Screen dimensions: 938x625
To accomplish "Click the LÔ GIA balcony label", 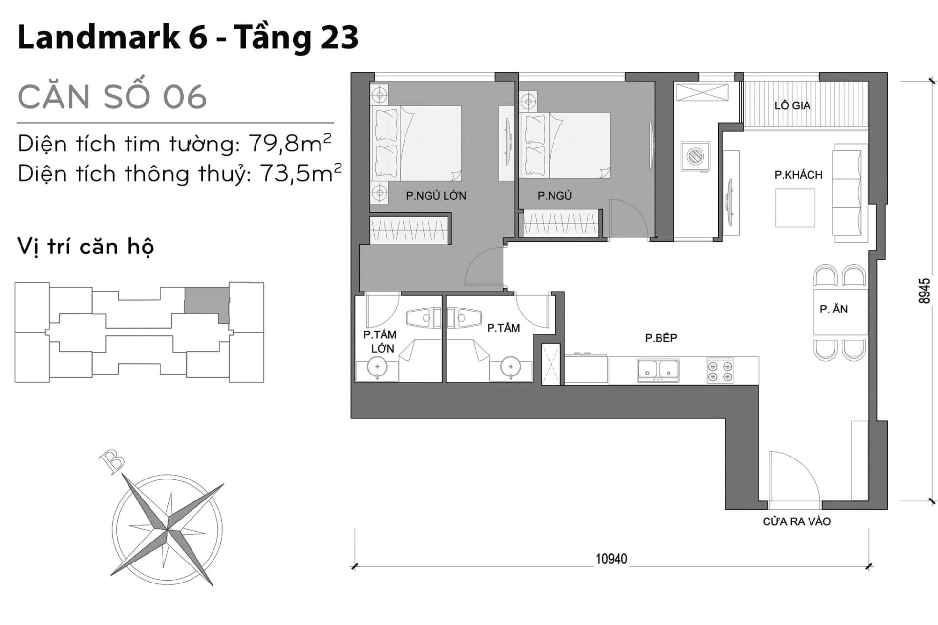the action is [792, 105].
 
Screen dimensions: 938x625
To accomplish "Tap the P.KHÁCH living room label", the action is [798, 175].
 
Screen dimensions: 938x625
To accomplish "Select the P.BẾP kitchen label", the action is [661, 338].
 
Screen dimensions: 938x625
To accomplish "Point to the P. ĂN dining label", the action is [833, 309].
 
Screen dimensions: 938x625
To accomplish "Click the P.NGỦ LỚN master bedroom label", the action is [436, 196].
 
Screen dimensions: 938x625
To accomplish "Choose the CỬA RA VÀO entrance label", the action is [796, 521].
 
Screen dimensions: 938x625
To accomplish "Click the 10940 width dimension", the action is [611, 559].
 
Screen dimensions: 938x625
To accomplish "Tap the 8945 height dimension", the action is [923, 292].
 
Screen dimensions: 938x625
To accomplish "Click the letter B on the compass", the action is [111, 461].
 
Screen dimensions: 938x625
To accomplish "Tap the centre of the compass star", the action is [167, 528].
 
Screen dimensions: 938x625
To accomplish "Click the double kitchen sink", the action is [658, 370].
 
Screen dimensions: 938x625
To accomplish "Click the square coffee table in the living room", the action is [795, 208].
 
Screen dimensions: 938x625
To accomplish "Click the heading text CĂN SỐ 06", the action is [112, 97].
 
